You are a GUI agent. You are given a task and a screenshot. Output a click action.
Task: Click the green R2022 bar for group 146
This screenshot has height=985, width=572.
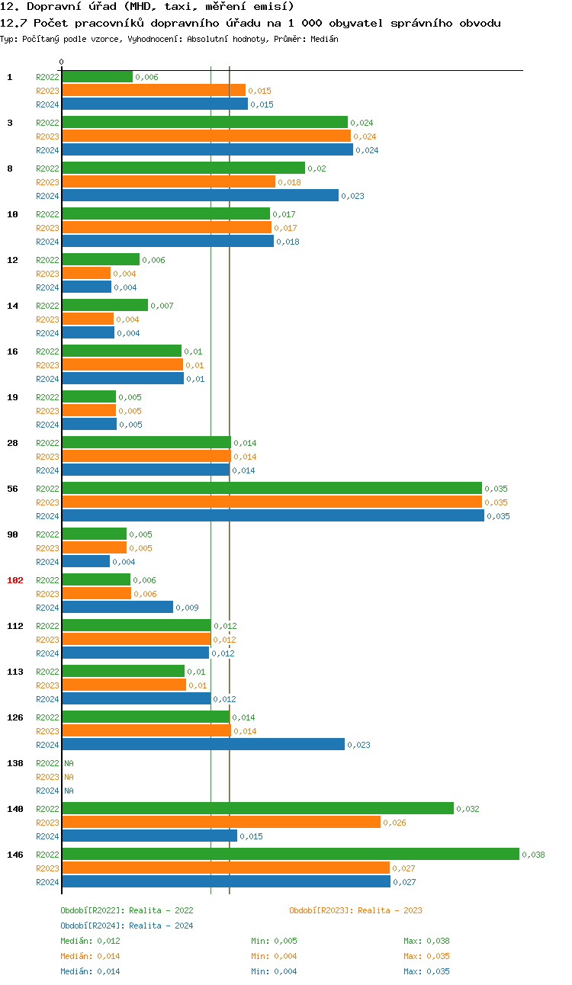click(290, 854)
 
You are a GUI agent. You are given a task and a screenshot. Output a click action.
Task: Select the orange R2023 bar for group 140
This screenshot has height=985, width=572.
click(221, 822)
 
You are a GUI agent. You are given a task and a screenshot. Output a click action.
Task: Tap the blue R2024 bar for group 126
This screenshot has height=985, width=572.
click(203, 744)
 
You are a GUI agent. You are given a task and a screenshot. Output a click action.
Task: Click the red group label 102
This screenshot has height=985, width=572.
click(15, 580)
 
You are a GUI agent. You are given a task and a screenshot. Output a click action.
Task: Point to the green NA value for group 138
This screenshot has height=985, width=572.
click(69, 763)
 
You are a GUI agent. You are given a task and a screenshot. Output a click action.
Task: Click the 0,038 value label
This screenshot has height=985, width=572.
click(533, 855)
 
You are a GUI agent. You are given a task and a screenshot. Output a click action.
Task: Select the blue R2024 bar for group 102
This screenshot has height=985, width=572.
click(117, 607)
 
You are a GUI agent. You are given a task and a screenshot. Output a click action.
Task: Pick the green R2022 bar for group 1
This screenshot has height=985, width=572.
click(97, 76)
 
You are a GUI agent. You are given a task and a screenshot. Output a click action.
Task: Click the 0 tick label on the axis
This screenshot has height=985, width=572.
click(62, 62)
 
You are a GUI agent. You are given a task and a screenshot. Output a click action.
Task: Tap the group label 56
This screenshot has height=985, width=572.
click(13, 489)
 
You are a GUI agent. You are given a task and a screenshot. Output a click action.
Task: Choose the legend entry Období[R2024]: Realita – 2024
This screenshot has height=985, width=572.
click(127, 926)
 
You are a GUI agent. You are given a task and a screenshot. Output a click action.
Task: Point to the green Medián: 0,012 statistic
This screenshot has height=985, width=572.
click(90, 941)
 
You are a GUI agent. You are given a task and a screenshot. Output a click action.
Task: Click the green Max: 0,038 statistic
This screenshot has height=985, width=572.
click(426, 941)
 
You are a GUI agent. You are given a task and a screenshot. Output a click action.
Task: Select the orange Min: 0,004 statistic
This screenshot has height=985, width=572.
click(274, 956)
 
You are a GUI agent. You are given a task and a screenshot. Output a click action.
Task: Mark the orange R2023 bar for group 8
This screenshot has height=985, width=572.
click(168, 181)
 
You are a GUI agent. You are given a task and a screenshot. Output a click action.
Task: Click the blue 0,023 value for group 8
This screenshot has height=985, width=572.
click(352, 196)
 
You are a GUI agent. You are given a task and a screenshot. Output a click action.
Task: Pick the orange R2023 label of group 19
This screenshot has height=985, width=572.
click(47, 411)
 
